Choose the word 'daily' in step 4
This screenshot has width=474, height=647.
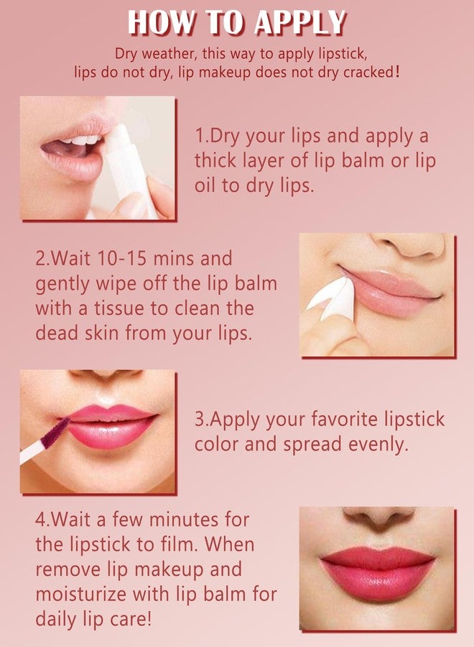[58, 620]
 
